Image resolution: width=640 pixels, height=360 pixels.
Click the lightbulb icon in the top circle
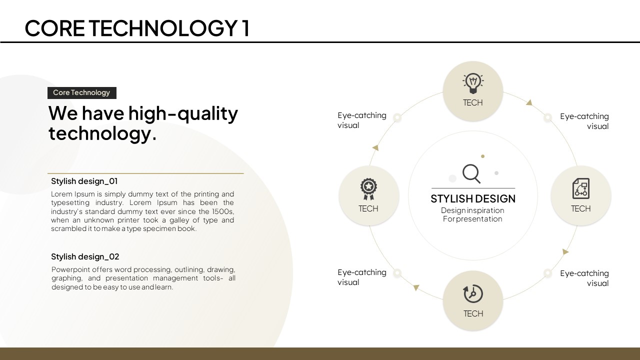click(473, 83)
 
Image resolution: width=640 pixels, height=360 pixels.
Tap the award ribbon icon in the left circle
click(368, 189)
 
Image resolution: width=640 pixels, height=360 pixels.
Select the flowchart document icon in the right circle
click(581, 188)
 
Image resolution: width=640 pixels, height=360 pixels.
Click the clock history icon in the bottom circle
click(473, 293)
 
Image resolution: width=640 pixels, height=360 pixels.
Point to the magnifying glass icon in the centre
click(471, 173)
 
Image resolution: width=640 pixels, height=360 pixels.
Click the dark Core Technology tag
click(81, 93)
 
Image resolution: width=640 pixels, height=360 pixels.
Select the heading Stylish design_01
click(84, 181)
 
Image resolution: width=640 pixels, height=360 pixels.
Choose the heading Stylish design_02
click(85, 256)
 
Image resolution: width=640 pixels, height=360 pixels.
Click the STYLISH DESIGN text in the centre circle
click(473, 198)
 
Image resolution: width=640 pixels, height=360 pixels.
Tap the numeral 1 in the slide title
click(245, 28)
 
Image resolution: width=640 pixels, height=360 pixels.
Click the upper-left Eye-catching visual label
click(361, 120)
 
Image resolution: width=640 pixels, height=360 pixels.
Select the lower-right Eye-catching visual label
click(584, 278)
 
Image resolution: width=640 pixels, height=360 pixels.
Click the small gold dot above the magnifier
click(483, 156)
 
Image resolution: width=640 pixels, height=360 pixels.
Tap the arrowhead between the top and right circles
click(529, 102)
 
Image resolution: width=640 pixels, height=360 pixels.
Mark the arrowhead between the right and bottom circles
click(565, 251)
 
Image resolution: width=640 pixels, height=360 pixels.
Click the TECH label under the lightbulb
click(473, 102)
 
